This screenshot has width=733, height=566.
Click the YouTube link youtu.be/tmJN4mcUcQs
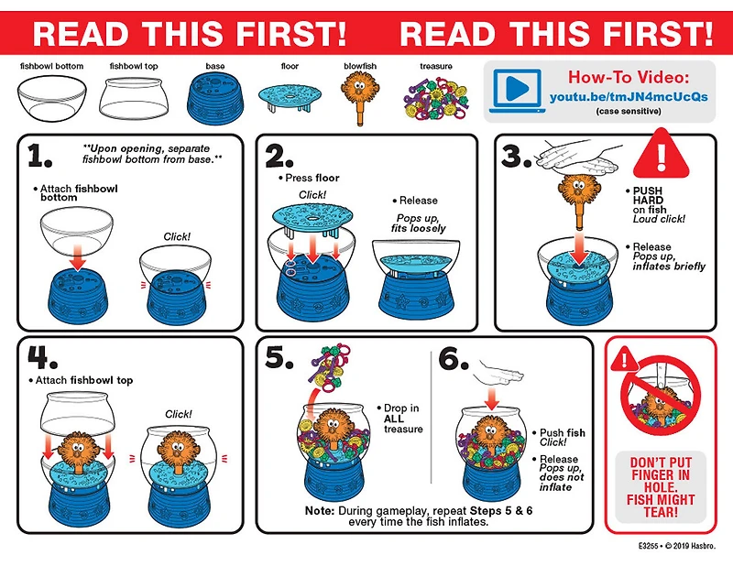(629, 97)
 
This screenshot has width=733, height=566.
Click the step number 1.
(39, 156)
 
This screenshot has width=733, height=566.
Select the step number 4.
(41, 357)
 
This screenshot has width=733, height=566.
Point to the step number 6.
(453, 358)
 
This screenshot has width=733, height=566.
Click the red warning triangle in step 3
(661, 155)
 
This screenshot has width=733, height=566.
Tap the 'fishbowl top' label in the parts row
(134, 66)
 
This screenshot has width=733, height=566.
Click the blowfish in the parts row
(360, 97)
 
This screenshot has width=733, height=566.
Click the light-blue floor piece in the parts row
(290, 97)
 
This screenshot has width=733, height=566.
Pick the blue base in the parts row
(215, 99)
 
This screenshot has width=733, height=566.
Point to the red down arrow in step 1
(78, 258)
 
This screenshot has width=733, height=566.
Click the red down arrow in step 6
(491, 398)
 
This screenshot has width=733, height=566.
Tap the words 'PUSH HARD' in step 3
(648, 195)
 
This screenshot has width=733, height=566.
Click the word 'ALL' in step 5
(394, 419)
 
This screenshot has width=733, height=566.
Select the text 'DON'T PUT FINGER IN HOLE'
(661, 474)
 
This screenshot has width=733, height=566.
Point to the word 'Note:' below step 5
(319, 510)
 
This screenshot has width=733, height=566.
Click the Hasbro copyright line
(676, 546)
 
